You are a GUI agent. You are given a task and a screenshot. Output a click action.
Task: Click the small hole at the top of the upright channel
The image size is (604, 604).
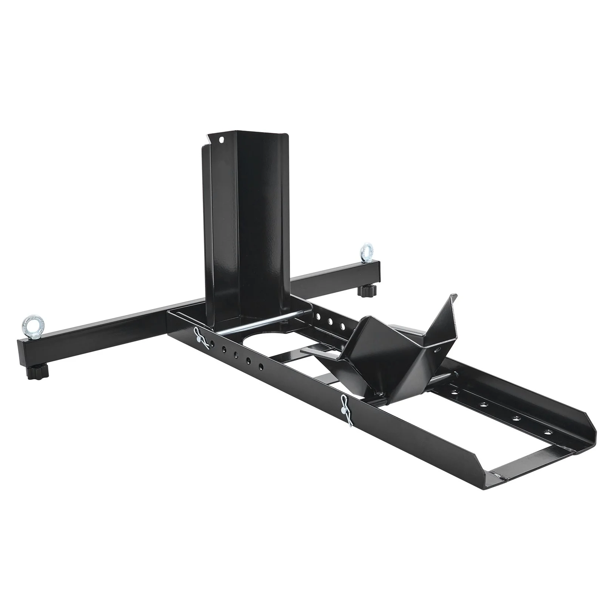pyautogui.click(x=222, y=140)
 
